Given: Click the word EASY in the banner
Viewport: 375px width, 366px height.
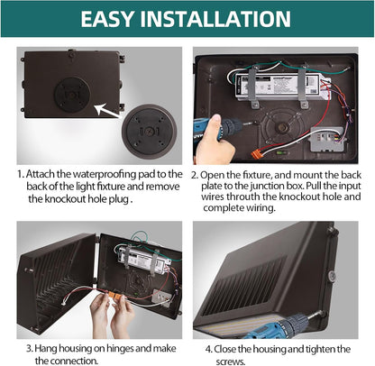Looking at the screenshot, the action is (106, 19).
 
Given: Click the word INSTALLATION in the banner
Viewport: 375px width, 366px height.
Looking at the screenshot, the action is (215, 19).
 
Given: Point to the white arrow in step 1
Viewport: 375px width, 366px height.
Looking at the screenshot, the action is (107, 110).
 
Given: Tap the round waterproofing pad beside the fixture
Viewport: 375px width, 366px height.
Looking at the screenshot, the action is (149, 132).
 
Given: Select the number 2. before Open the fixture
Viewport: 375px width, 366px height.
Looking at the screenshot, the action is (195, 175).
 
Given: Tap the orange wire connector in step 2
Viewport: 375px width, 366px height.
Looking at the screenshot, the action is (256, 154).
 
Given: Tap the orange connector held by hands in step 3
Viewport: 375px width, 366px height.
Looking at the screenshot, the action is (114, 296).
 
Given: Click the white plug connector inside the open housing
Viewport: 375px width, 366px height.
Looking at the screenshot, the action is (65, 303).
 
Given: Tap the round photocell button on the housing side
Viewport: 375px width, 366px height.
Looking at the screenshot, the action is (332, 276).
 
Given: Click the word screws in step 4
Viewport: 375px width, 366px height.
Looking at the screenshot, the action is (230, 361).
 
